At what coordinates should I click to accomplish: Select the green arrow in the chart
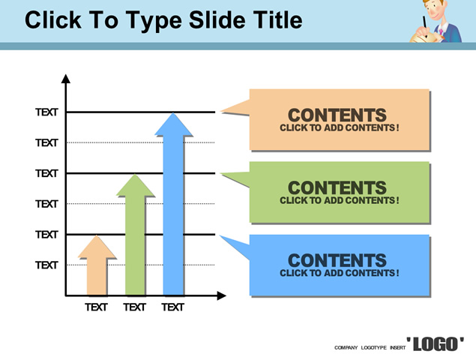135,235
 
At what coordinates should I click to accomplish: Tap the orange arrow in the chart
97,265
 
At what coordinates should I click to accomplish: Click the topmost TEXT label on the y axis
46,112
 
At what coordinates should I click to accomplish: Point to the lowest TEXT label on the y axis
46,265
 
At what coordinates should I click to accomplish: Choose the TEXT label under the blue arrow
173,307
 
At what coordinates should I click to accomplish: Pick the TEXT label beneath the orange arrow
96,307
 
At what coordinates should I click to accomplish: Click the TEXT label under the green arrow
135,307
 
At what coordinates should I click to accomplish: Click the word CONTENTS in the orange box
337,115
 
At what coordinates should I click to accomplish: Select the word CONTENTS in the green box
337,187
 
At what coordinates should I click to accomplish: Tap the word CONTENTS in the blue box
337,260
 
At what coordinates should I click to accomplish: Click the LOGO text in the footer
436,344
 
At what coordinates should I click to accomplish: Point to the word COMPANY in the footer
346,347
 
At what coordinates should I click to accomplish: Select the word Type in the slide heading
154,21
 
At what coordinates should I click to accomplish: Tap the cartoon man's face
436,10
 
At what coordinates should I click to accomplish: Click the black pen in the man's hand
425,22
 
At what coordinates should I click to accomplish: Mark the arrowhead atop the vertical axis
65,79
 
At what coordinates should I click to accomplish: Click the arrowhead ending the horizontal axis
222,295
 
